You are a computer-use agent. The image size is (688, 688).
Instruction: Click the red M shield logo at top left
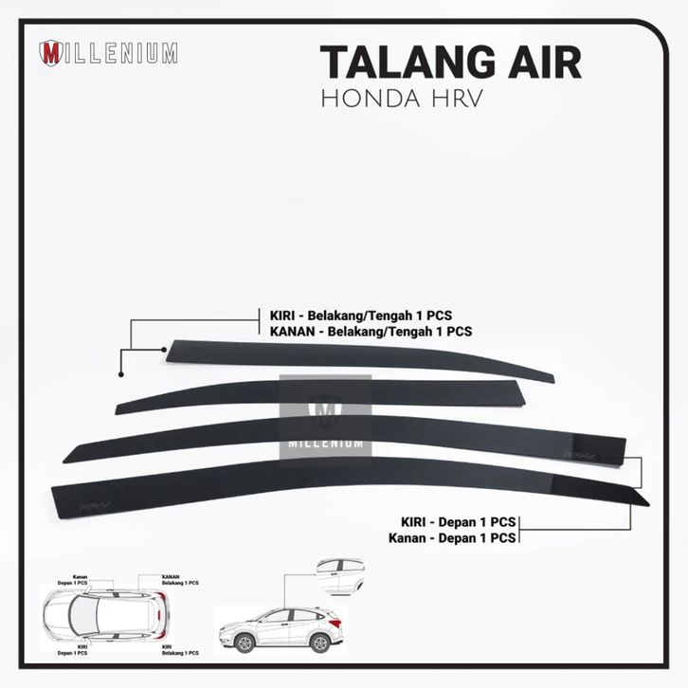[x=51, y=53]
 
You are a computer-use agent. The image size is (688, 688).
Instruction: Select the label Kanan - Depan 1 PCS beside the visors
[x=452, y=537]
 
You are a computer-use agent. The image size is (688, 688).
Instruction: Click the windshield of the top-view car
[x=90, y=615]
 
